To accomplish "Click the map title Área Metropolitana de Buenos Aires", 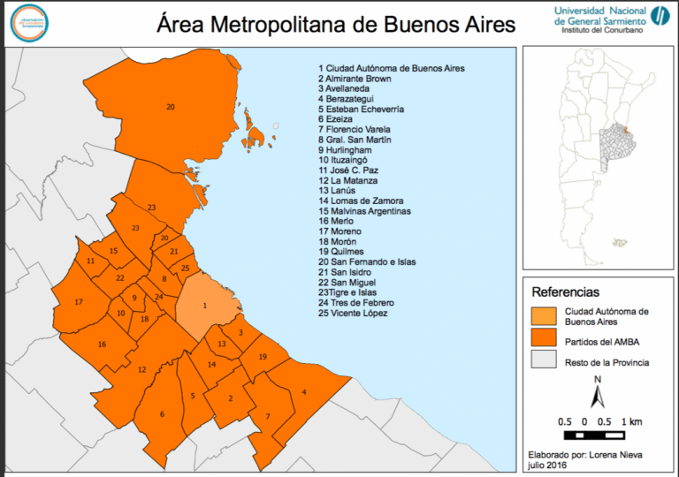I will pos(336,23).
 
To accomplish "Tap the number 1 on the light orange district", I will pos(205,306).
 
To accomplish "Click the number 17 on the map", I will pos(79,302).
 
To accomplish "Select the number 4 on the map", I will pos(304,392).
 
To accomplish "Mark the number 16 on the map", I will pos(102,344).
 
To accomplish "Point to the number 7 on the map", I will pos(268,416).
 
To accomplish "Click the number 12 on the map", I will pos(141,369).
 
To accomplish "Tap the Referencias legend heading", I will pos(565,291).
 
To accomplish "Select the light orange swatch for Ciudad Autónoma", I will pos(544,316).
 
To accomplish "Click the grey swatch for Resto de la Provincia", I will pos(544,362).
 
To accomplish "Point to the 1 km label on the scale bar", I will pos(630,420).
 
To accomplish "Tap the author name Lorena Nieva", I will pos(603,454).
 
